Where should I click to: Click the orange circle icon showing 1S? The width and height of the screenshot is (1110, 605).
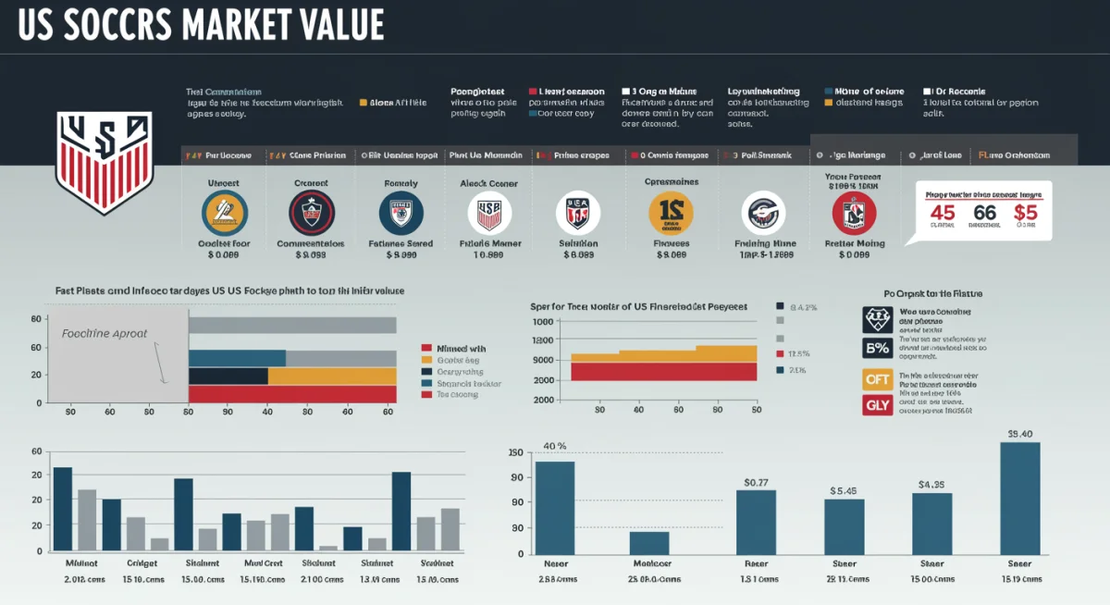[671, 214]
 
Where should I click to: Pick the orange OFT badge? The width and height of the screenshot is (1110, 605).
[877, 378]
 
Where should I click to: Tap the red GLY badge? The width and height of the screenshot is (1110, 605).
[877, 405]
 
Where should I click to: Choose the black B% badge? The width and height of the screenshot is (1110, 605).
[877, 348]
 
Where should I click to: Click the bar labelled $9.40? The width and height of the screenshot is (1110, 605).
[1019, 497]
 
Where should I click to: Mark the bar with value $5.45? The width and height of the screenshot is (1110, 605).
[844, 525]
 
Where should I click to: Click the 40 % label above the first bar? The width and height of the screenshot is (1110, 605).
[554, 446]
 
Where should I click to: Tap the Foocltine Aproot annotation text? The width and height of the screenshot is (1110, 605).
[104, 334]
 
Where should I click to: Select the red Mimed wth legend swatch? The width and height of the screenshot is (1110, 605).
[427, 349]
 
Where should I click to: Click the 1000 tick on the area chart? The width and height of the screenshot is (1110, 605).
[542, 321]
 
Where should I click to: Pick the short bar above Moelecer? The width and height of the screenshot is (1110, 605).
[649, 542]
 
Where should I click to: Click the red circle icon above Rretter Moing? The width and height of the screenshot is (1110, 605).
[854, 214]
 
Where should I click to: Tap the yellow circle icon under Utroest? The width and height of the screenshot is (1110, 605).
[224, 214]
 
